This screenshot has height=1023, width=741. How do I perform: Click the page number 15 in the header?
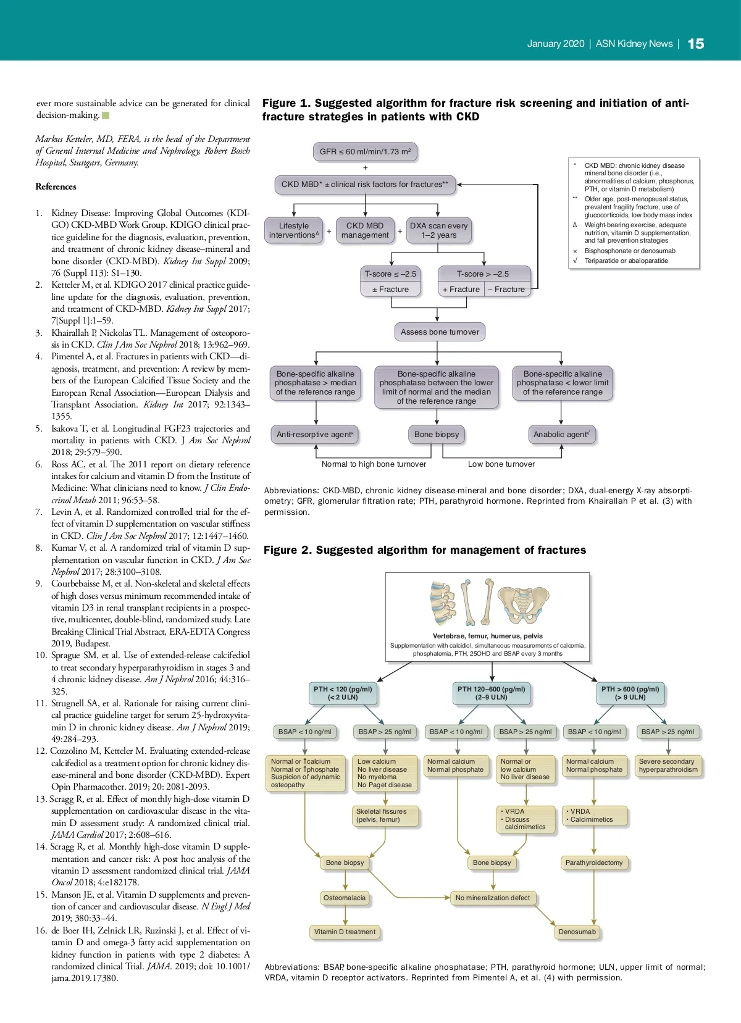pyautogui.click(x=695, y=44)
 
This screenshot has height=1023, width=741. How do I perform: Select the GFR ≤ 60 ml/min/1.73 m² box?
pyautogui.click(x=365, y=151)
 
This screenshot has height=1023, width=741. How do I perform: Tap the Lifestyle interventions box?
pyautogui.click(x=294, y=230)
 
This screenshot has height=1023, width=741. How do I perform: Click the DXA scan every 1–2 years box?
pyautogui.click(x=438, y=230)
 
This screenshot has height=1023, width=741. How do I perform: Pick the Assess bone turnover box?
pyautogui.click(x=440, y=332)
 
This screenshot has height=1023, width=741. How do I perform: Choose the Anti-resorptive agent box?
pyautogui.click(x=315, y=435)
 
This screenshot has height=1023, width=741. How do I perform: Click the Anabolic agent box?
pyautogui.click(x=561, y=435)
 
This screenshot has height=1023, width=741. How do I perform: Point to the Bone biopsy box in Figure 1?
pyautogui.click(x=437, y=435)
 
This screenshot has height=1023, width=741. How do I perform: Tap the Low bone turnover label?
pyautogui.click(x=501, y=464)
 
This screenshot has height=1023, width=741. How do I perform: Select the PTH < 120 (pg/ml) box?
pyautogui.click(x=343, y=693)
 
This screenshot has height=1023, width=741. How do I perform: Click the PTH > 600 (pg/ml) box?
pyautogui.click(x=630, y=693)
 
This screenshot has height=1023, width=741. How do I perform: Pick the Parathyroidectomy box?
pyautogui.click(x=594, y=863)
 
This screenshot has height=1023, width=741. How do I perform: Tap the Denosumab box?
pyautogui.click(x=577, y=932)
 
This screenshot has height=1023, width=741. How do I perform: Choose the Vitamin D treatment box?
pyautogui.click(x=345, y=932)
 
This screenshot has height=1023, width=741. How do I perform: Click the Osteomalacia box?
pyautogui.click(x=345, y=898)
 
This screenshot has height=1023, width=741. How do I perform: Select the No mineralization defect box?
pyautogui.click(x=493, y=898)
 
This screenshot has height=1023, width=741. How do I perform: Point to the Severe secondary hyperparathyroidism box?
pyautogui.click(x=668, y=766)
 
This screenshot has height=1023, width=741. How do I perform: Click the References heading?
pyautogui.click(x=56, y=186)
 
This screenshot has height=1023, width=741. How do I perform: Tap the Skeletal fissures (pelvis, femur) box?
pyautogui.click(x=385, y=816)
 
